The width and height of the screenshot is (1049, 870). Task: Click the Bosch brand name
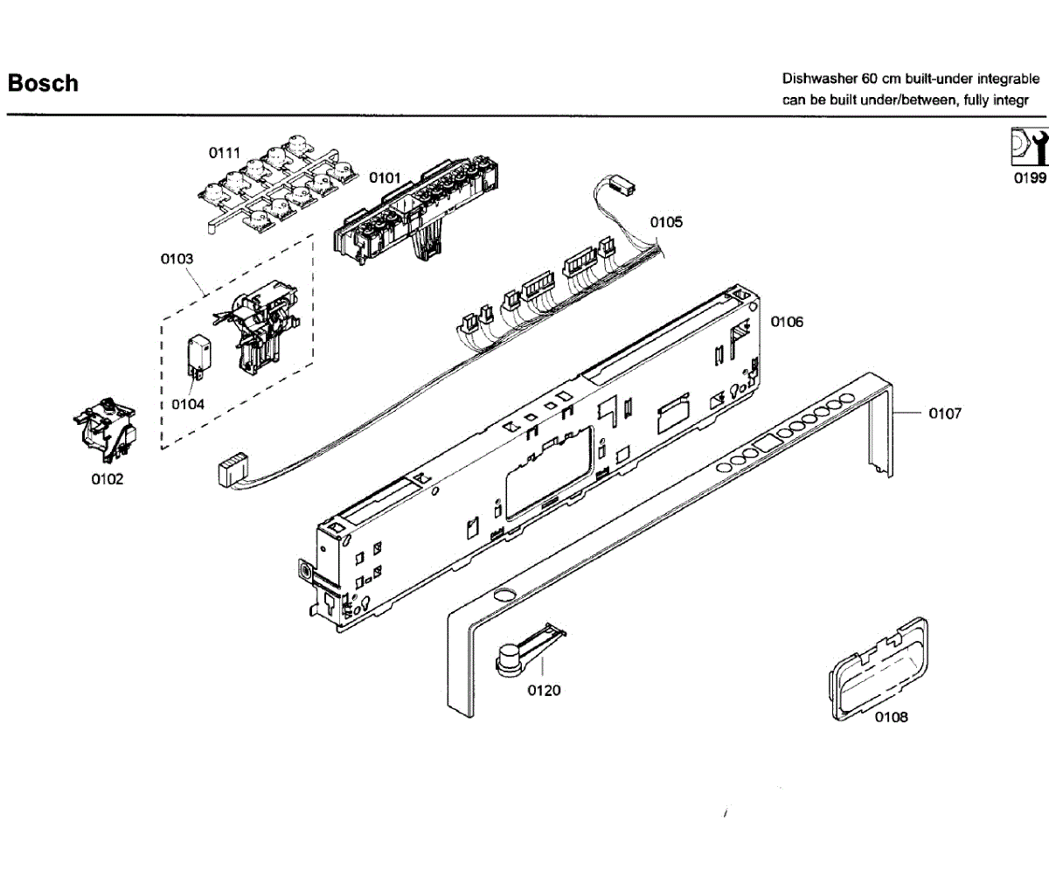point(43,83)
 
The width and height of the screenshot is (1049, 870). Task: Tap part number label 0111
point(225,153)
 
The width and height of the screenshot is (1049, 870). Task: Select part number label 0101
point(385,177)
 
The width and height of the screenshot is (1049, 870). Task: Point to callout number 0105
point(666,222)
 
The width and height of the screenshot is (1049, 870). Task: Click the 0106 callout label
point(787,322)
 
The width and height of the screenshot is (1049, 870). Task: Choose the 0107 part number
point(945,414)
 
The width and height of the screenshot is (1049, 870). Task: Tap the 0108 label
point(892,717)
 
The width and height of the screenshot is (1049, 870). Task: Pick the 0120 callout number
point(544,691)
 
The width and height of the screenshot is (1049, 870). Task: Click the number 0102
point(107,479)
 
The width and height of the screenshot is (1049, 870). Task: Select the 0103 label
point(177,259)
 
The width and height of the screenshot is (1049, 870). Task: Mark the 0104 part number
point(188,404)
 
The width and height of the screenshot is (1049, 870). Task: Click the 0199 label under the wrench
point(1031,177)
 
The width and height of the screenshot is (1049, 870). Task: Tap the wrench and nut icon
point(1030,147)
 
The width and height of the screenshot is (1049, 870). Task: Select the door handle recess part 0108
point(879,669)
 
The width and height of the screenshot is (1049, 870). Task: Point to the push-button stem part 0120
point(527,650)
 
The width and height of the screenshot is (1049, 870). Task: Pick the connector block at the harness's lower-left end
point(233,469)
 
